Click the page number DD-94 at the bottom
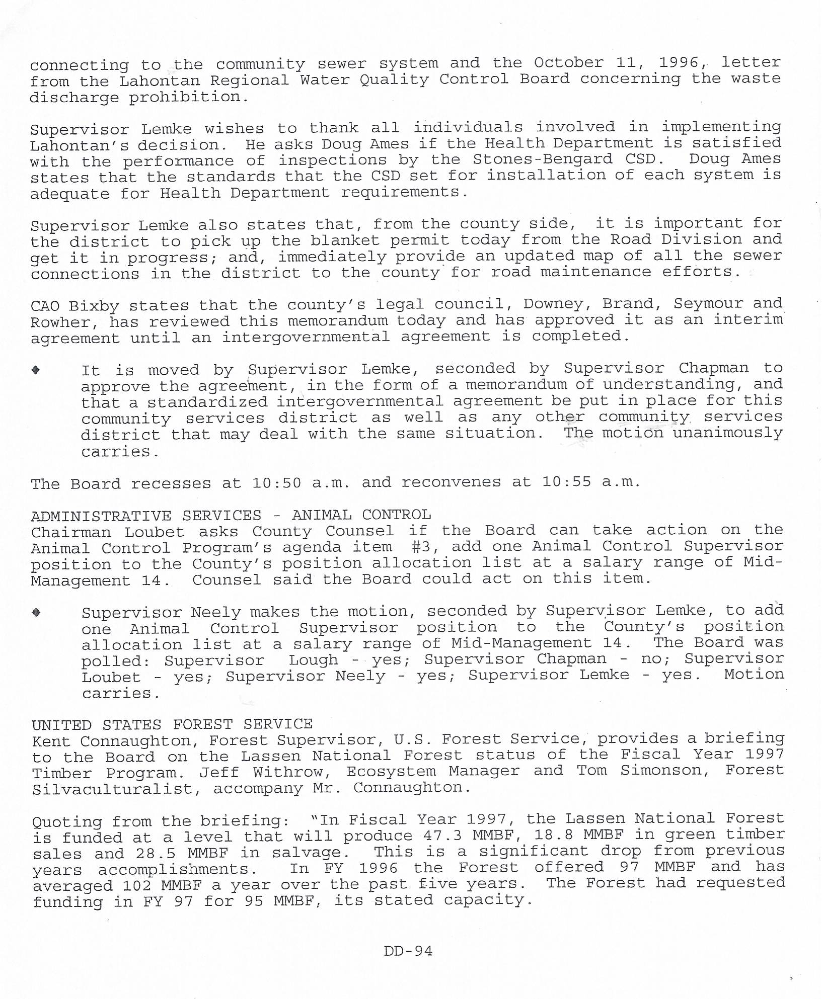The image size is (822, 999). pyautogui.click(x=408, y=950)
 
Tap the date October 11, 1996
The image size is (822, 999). pyautogui.click(x=617, y=62)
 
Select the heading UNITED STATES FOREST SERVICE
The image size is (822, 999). pyautogui.click(x=172, y=724)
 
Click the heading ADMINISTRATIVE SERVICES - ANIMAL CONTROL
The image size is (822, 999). pyautogui.click(x=231, y=515)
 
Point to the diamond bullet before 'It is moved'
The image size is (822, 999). pyautogui.click(x=36, y=370)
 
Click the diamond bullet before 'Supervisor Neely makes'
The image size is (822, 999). pyautogui.click(x=36, y=612)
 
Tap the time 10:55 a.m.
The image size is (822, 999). pyautogui.click(x=591, y=482)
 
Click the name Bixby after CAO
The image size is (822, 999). pyautogui.click(x=94, y=306)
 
